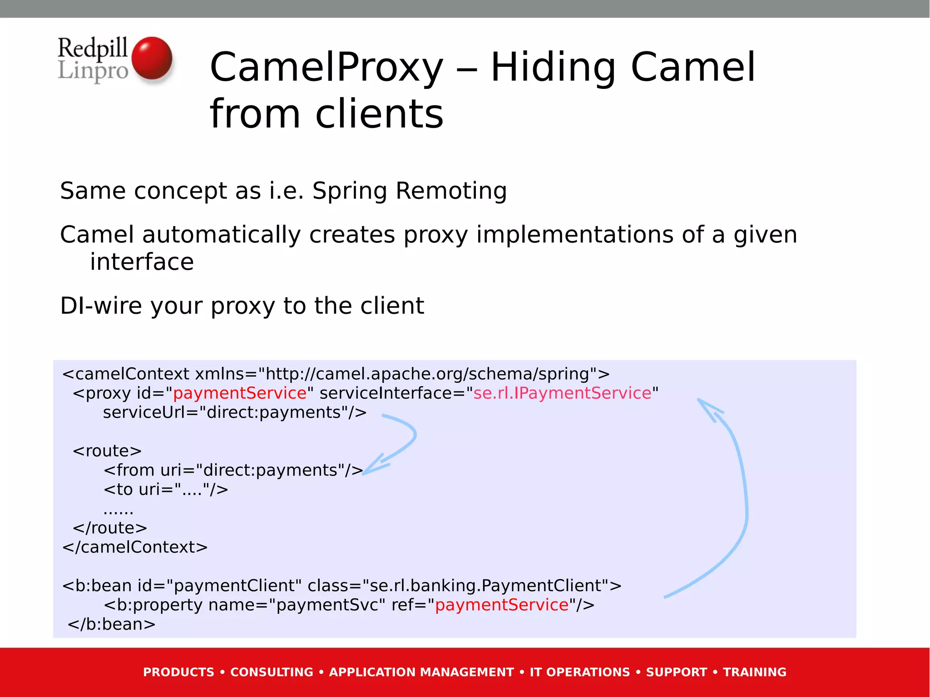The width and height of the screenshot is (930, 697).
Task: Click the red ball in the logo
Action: pyautogui.click(x=152, y=59)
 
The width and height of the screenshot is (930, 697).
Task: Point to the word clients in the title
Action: pyautogui.click(x=379, y=114)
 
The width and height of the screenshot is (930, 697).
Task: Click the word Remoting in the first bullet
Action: pyautogui.click(x=451, y=191)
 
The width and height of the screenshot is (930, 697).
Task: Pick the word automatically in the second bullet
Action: pyautogui.click(x=221, y=235)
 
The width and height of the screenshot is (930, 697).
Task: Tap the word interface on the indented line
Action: pyautogui.click(x=142, y=262)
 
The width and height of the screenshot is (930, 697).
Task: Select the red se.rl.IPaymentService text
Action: pyautogui.click(x=562, y=393)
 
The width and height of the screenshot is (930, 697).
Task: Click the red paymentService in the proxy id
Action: pyautogui.click(x=240, y=393)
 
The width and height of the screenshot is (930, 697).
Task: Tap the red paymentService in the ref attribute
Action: pyautogui.click(x=502, y=605)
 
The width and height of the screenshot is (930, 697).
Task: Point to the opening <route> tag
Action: pyautogui.click(x=107, y=451)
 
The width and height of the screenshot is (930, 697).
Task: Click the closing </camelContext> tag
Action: pyautogui.click(x=135, y=547)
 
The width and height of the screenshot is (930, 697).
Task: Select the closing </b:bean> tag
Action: pyautogui.click(x=112, y=624)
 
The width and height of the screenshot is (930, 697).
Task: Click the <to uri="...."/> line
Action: pyautogui.click(x=166, y=489)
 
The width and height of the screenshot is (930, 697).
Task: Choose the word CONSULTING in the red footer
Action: pyautogui.click(x=272, y=672)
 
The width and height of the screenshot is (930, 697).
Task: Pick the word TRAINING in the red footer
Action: pyautogui.click(x=754, y=672)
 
